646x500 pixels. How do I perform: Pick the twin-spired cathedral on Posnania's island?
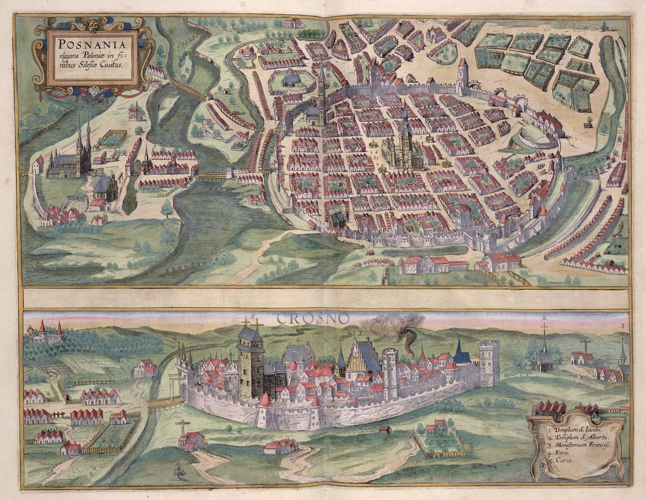tap(72, 154)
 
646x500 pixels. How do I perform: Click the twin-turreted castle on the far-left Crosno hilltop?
tap(46, 333)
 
